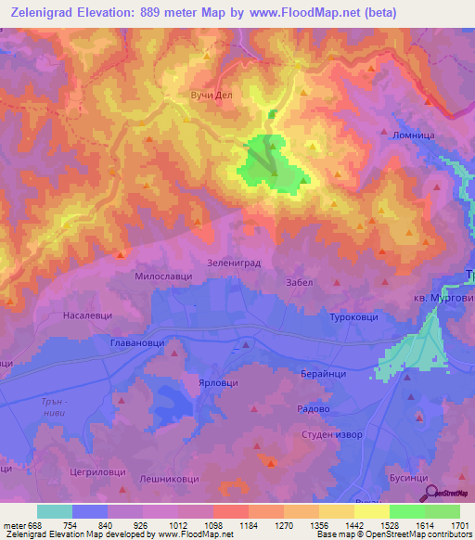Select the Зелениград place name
233,263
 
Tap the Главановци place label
132,343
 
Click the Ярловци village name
218,382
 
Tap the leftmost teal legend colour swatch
55,511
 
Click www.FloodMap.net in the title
312,13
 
